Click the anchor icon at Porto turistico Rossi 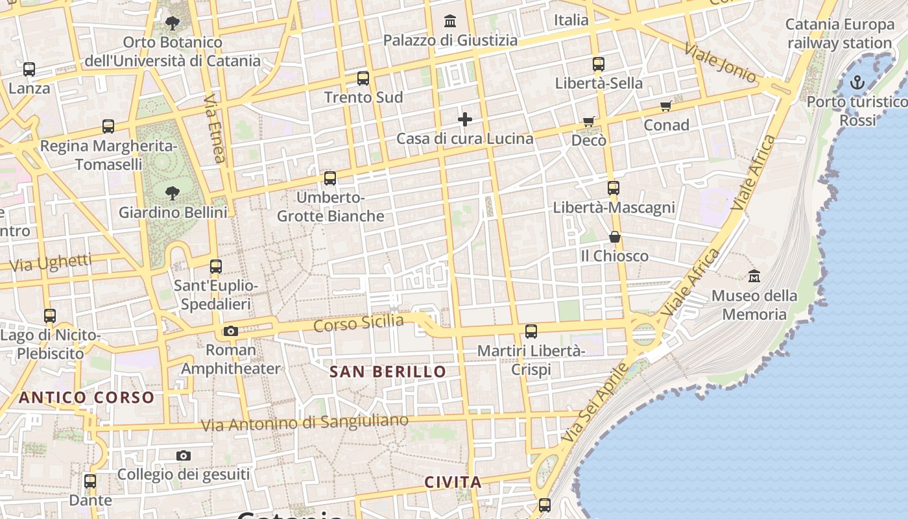pos(857,82)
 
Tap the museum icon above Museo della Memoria pos(754,276)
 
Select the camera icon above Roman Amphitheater pos(230,332)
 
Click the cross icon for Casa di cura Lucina pos(464,119)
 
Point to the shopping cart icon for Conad pos(665,106)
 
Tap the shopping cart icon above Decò pos(588,121)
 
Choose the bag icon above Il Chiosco pos(614,237)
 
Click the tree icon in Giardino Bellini pos(172,193)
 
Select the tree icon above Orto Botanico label pos(172,24)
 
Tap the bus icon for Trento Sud pos(363,78)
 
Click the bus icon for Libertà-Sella pos(598,64)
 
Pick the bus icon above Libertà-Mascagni pos(613,188)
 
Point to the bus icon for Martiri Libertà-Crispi pos(531,332)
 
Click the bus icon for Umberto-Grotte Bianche pos(330,178)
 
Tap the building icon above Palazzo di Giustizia pos(450,21)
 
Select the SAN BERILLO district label pos(388,372)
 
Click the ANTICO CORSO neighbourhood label pos(86,398)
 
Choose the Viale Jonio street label pos(721,62)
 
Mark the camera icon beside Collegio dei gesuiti pos(184,456)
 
